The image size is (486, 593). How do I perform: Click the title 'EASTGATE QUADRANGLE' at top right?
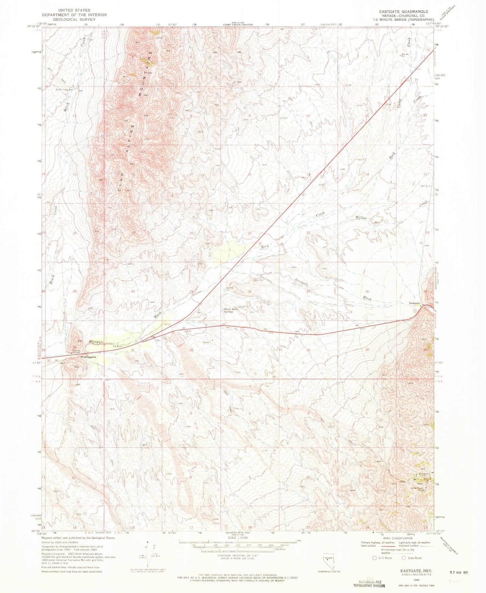click(x=403, y=11)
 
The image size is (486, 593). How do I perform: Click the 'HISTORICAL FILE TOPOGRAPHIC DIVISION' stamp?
click(x=369, y=583)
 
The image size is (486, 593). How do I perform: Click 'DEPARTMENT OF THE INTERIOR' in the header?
click(x=74, y=15)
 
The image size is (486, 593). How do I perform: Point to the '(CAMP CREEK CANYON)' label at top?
click(x=238, y=25)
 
